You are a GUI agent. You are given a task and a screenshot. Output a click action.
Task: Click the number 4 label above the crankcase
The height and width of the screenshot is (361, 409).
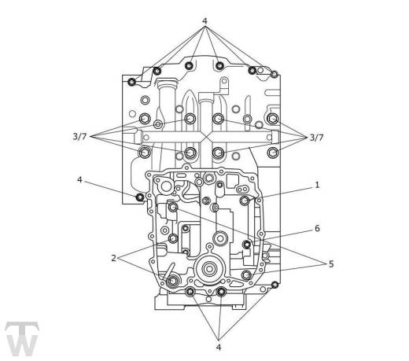(204, 20)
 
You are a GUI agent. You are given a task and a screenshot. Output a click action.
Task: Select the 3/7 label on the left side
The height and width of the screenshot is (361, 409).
(79, 137)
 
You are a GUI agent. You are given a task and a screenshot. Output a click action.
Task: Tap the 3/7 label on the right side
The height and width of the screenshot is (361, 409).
(316, 138)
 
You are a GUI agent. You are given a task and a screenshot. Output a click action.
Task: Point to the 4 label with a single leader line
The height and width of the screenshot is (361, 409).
(79, 180)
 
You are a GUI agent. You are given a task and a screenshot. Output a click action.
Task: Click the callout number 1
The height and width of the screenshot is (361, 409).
(317, 185)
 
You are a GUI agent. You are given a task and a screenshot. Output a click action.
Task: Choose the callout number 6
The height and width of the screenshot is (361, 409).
(317, 229)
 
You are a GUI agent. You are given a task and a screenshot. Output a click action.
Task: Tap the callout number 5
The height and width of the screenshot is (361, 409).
(331, 264)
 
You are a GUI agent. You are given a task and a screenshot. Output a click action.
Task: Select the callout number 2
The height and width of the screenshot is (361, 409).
(113, 258)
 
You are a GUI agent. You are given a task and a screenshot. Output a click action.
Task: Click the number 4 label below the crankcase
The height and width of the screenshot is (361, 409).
(219, 348)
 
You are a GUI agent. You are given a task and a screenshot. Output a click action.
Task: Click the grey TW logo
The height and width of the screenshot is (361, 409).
(22, 339)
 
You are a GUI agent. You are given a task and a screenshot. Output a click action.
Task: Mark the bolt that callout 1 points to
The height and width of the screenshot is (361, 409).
(245, 201)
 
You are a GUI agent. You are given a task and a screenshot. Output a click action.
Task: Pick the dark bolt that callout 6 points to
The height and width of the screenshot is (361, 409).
(247, 245)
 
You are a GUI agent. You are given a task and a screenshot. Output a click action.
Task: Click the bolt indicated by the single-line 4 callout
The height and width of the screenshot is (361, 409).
(140, 197)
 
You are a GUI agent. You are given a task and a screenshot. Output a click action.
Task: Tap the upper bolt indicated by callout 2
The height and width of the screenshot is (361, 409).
(173, 238)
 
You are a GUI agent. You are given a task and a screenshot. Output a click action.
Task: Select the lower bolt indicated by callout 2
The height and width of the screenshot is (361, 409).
(172, 281)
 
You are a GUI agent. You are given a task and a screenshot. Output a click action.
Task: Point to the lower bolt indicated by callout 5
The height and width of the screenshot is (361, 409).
(245, 275)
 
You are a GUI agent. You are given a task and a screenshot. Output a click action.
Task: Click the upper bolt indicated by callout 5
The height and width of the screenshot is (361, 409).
(172, 208)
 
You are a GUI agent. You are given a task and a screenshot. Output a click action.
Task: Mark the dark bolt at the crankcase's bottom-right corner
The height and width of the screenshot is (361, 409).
(275, 285)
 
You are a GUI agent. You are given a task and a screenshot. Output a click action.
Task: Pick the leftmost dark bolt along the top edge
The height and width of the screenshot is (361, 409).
(132, 82)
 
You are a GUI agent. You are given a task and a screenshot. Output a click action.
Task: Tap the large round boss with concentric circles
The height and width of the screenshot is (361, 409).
(209, 269)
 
